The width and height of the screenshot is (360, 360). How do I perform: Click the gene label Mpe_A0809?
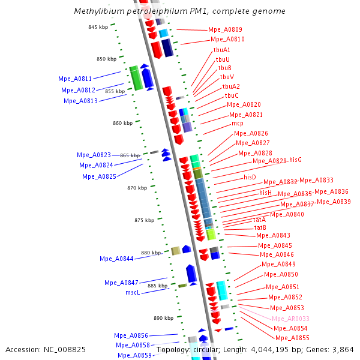click(226, 29)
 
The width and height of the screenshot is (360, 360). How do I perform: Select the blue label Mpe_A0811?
click(75, 79)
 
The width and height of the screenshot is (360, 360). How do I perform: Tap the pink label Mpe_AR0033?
click(290, 319)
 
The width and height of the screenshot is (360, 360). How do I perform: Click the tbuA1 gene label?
click(221, 50)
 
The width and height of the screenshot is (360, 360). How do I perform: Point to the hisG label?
click(295, 160)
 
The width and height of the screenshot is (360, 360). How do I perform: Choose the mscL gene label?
click(133, 293)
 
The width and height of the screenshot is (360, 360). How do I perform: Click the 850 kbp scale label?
click(98, 59)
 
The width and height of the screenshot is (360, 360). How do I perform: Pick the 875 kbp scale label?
click(145, 220)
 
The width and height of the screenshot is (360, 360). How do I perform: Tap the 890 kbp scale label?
click(163, 318)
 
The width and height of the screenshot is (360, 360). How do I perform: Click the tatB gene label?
click(260, 228)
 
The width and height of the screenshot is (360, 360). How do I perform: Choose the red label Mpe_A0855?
click(292, 338)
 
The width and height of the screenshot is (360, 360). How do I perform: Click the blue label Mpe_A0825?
click(99, 176)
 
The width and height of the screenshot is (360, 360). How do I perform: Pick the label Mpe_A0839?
click(334, 202)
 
